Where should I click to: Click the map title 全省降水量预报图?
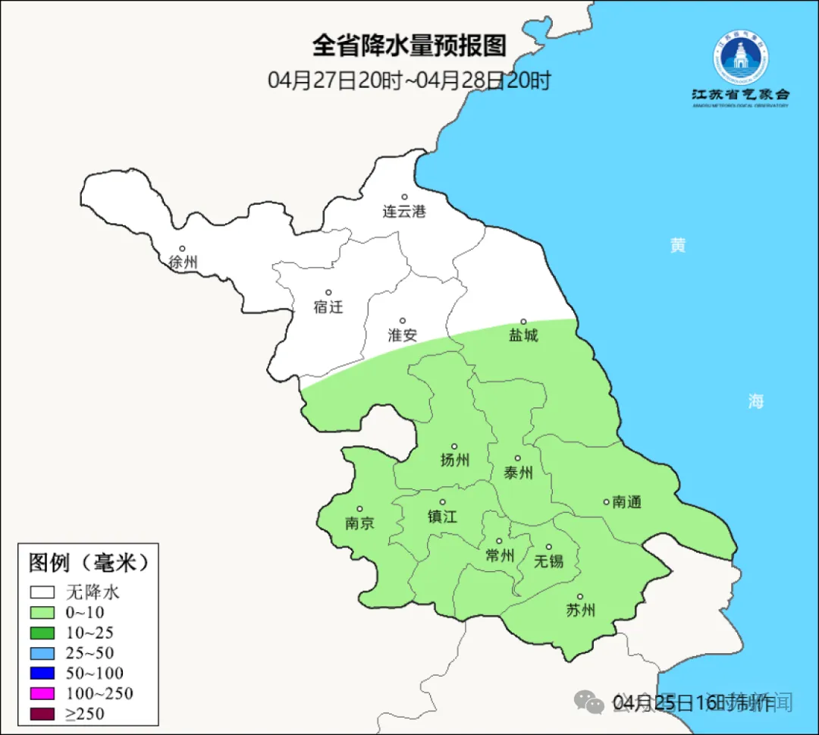coord(409,46)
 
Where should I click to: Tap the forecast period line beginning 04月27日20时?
coord(409,80)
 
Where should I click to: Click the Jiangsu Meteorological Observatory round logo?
coord(741,58)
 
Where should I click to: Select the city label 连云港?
coord(404,212)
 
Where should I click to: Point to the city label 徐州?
coord(183,262)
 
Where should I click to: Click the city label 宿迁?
coord(328,306)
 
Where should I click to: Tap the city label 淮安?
coord(403,335)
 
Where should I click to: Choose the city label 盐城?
coord(522,335)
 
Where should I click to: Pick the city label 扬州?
coord(455,460)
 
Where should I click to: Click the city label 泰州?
coord(518,473)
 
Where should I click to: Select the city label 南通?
coord(627,501)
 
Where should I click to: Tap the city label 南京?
coord(359,523)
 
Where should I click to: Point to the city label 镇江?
coord(442,516)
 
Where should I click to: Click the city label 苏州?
coord(580,610)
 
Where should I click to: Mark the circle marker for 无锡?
coord(549,547)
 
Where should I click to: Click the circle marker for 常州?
coord(499,541)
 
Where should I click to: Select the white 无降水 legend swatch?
coord(42,592)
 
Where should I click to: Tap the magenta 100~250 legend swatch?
coord(42,693)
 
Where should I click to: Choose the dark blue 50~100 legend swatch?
coord(42,673)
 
